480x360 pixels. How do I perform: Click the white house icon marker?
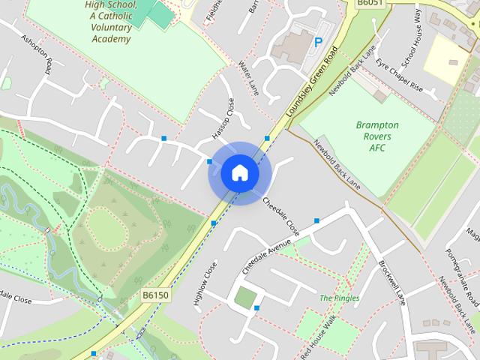[x=240, y=173]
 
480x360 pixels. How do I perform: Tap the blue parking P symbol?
[x=318, y=43]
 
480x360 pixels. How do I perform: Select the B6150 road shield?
[x=155, y=295]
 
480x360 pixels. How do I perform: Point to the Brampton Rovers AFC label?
[x=377, y=136]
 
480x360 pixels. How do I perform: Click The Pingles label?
[x=339, y=298]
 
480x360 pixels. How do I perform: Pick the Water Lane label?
[x=247, y=77]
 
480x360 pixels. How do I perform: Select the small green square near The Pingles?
[x=244, y=297]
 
